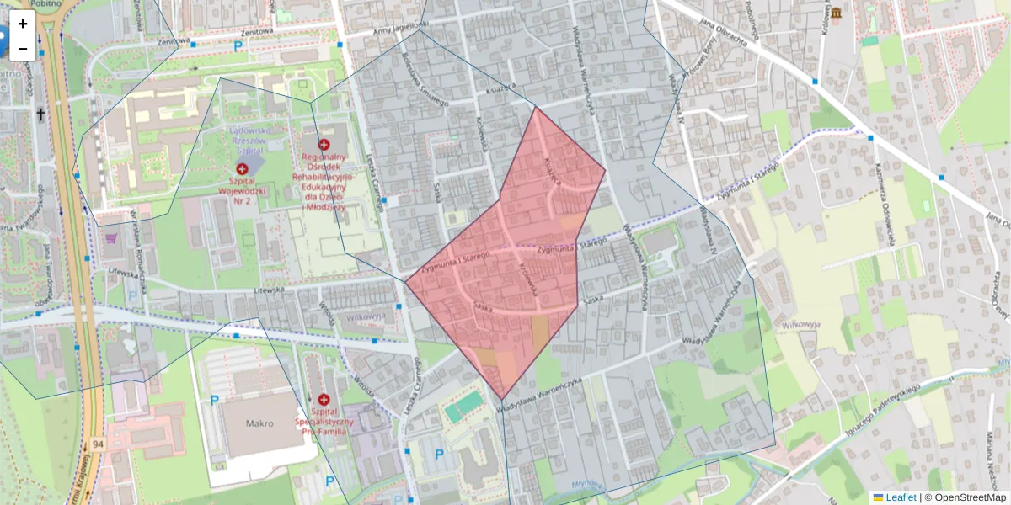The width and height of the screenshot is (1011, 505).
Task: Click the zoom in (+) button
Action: pos(23,24)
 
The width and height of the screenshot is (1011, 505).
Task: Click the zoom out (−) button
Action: pos(23,49)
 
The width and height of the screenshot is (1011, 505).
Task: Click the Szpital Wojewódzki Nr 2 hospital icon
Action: pos(243,169)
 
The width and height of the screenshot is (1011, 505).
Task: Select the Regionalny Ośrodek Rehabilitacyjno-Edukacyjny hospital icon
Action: pos(324,145)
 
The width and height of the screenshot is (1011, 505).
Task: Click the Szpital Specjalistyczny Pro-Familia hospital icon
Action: pos(324,399)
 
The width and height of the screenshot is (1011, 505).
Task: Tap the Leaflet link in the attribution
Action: pos(901,497)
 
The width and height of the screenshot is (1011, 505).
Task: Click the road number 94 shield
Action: pos(99,444)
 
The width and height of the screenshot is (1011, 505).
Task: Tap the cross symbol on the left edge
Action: pos(40,114)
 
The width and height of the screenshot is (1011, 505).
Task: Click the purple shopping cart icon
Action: pos(112,239)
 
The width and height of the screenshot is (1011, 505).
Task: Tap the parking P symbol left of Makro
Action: pos(214,401)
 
